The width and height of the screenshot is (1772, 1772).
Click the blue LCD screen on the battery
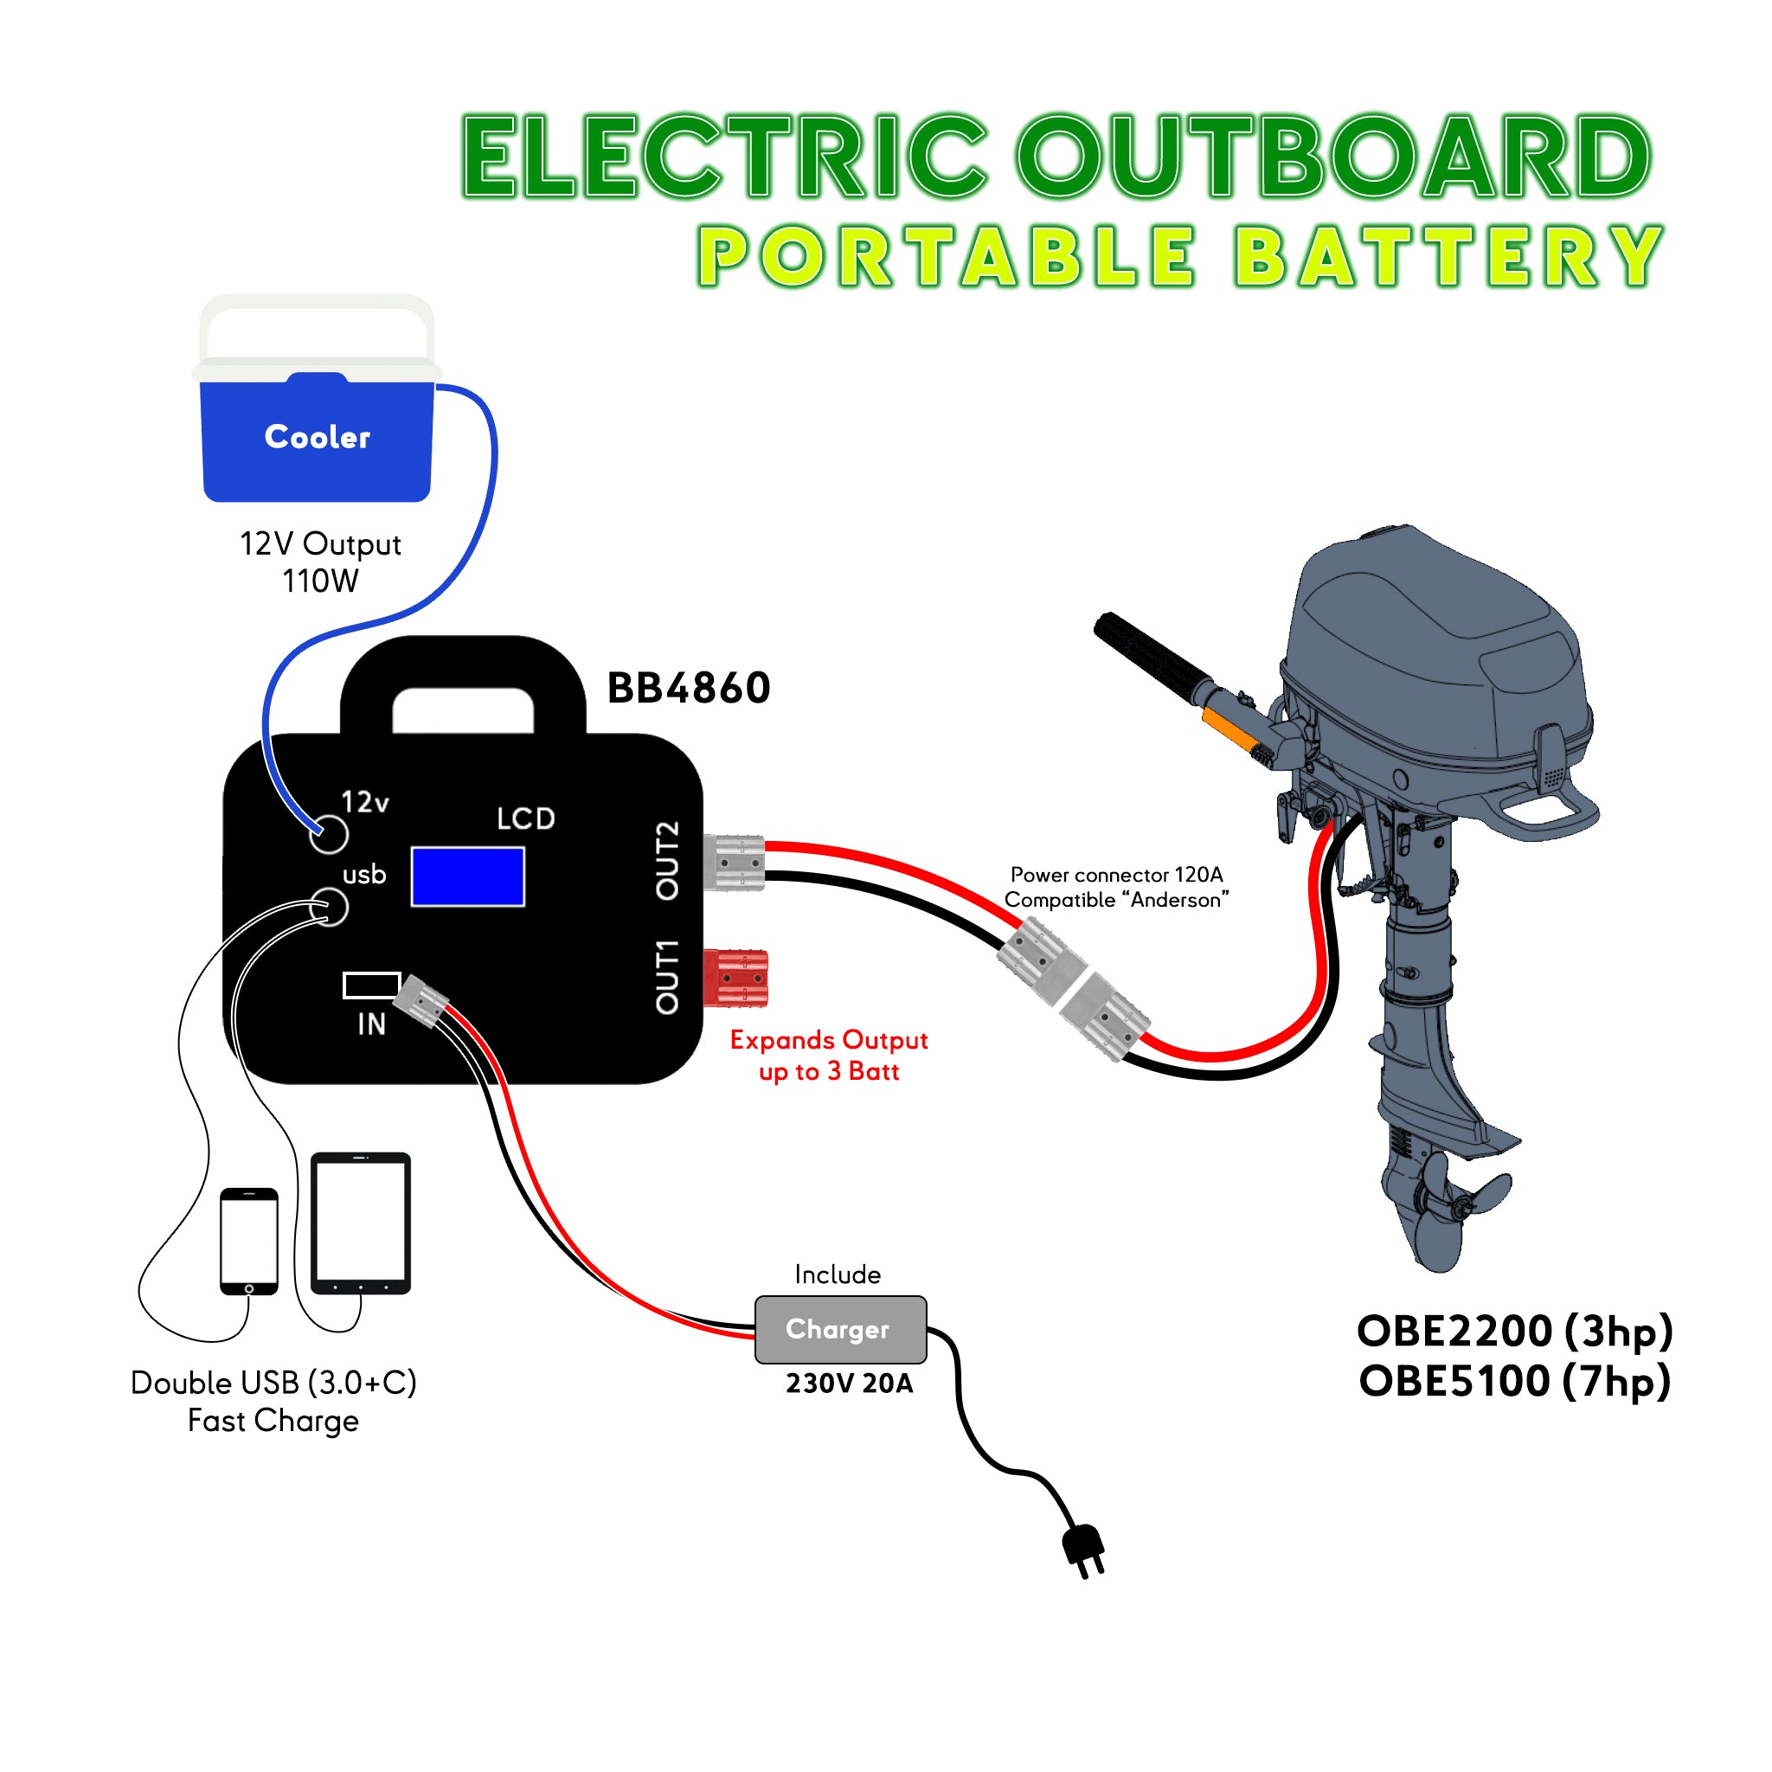pyautogui.click(x=468, y=876)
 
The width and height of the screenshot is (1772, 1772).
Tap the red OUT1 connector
pyautogui.click(x=735, y=978)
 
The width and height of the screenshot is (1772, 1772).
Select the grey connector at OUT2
pyautogui.click(x=735, y=862)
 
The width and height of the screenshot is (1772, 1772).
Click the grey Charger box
pyautogui.click(x=840, y=1329)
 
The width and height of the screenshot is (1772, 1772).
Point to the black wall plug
pyautogui.click(x=1083, y=1549)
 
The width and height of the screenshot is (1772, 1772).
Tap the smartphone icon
pyautogui.click(x=248, y=1241)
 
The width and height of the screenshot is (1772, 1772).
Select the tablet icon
pyautogui.click(x=361, y=1223)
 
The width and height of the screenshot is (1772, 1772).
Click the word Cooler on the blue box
pyautogui.click(x=318, y=437)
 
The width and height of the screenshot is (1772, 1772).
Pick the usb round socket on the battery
pyautogui.click(x=331, y=907)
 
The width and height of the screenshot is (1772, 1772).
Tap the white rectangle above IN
pyautogui.click(x=371, y=985)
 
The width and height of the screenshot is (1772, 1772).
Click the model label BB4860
pyautogui.click(x=689, y=688)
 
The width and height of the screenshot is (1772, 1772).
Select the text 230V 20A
pyautogui.click(x=850, y=1384)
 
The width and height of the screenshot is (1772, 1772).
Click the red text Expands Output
pyautogui.click(x=828, y=1040)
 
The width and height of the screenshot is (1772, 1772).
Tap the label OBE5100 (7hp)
pyautogui.click(x=1515, y=1381)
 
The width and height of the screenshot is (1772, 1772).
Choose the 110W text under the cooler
pyautogui.click(x=320, y=581)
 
